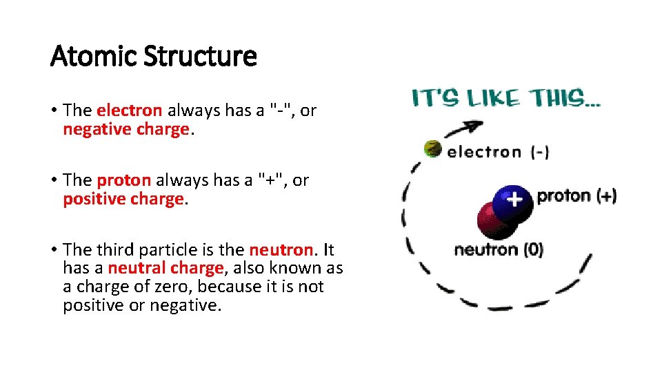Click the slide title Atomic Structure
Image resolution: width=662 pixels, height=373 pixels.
point(153,56)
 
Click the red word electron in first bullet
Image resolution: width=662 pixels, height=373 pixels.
point(130,111)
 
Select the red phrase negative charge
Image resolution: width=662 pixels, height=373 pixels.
point(126,129)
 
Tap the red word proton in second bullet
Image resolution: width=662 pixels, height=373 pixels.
point(123,180)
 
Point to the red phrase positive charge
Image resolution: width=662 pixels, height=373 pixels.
point(123,199)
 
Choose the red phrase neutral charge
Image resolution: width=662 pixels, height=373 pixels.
point(165,268)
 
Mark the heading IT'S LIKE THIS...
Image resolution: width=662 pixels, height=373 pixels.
point(506,99)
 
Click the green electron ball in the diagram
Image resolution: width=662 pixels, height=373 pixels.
point(432,148)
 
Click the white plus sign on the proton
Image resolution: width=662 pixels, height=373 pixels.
point(514,200)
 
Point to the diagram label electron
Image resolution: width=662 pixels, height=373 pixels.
point(484,152)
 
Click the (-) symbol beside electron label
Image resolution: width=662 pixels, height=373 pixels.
point(539,152)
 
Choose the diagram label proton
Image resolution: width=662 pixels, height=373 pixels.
point(563,195)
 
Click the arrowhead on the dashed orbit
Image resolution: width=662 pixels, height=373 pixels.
point(474,125)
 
